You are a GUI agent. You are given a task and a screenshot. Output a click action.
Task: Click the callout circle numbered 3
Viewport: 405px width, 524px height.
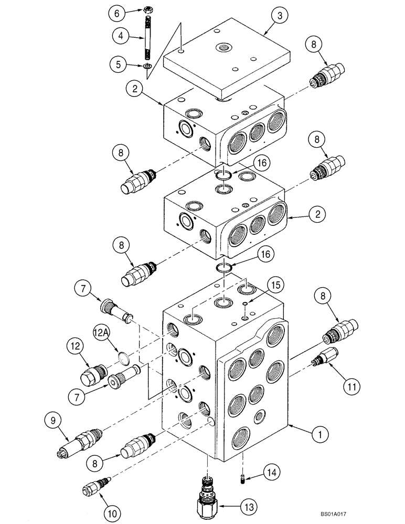(280, 16)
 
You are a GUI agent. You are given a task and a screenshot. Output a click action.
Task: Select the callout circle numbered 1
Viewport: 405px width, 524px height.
(318, 433)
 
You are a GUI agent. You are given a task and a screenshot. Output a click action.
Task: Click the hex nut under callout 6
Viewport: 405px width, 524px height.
(148, 10)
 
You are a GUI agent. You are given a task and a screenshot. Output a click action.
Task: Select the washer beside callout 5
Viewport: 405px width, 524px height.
(148, 65)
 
